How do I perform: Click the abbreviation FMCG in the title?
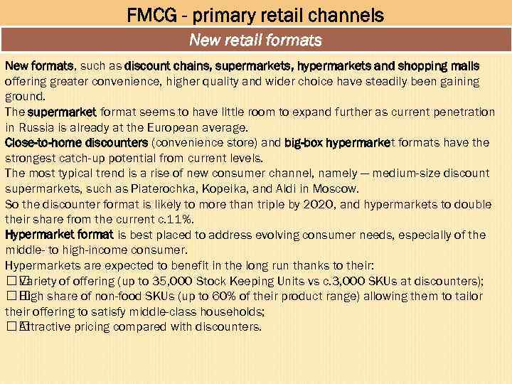(151, 14)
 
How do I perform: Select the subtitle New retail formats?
(255, 40)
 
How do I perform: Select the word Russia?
(38, 127)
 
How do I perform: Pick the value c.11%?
(174, 219)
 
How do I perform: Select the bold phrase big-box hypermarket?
(338, 142)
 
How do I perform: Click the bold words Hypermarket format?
(59, 235)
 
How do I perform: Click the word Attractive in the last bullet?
(47, 327)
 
